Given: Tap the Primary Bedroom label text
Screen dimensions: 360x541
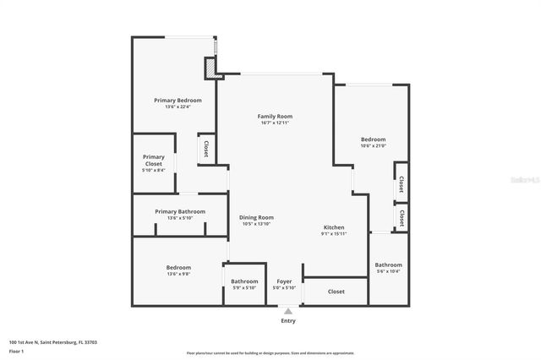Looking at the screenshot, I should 178,101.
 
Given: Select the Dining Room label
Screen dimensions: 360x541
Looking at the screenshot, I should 256,217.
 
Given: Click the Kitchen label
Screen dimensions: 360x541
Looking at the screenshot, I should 335,227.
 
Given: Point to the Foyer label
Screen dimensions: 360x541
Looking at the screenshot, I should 285,281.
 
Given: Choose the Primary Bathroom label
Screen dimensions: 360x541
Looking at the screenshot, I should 180,211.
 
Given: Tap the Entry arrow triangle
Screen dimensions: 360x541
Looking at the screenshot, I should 288,311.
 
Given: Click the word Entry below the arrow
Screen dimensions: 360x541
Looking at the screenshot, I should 288,321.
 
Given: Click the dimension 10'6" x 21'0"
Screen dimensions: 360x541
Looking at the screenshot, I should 373,146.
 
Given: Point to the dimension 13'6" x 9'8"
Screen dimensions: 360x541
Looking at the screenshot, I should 178,274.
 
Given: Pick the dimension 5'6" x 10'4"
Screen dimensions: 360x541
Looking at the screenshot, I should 389,270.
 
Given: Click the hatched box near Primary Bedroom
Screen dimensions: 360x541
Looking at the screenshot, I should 210,68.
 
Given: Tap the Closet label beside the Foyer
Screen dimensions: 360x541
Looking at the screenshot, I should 336,292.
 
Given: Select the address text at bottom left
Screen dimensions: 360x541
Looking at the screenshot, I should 52,342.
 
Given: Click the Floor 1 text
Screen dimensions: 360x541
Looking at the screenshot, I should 17,351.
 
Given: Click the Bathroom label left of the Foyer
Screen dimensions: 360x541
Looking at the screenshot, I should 244,281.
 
